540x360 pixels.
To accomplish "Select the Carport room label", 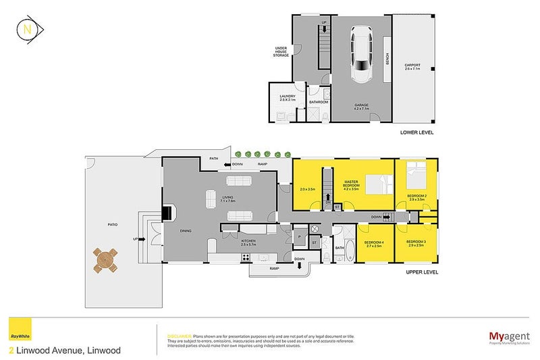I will coord(412,66).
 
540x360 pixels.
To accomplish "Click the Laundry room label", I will coord(288,98).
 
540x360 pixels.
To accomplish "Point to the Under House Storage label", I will coord(281,51).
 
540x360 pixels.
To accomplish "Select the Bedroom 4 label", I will coord(373,245).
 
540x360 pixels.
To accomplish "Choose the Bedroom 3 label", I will coord(415,245).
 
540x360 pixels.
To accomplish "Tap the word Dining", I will coord(186,231).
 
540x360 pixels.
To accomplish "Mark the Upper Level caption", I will coord(422,272).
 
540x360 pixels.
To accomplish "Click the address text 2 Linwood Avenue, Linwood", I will coord(65,351).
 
